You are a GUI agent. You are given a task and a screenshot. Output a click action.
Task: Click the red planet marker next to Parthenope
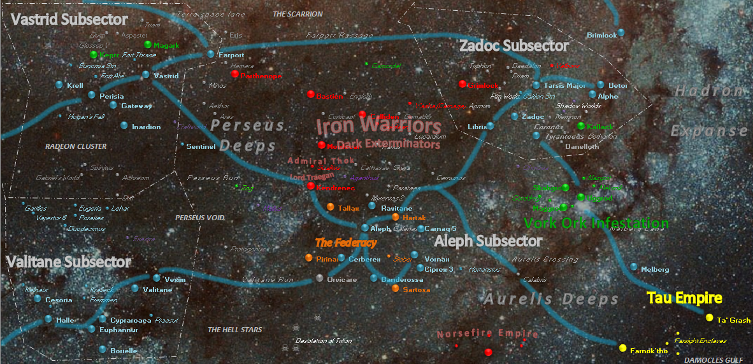point(235,74)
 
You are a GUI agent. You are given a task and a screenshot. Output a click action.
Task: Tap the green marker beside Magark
point(148,45)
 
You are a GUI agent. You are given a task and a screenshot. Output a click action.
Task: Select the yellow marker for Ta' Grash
point(709,318)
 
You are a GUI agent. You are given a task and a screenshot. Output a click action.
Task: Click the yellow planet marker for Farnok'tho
point(622,348)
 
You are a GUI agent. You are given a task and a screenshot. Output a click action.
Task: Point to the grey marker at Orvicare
point(319,279)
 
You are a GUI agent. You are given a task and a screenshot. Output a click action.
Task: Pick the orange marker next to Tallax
point(330,207)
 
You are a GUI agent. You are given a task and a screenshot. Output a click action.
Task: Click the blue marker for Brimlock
point(622,32)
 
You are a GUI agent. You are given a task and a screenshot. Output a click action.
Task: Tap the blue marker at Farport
point(211,54)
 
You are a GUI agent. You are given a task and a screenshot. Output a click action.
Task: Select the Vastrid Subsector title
point(69,20)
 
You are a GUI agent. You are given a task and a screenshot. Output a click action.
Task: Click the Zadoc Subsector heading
point(513,46)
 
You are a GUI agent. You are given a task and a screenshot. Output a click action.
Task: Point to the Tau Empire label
point(684,298)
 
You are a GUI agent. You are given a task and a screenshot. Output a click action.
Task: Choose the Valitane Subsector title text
point(69,262)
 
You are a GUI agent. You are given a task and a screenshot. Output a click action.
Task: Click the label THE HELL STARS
point(235,330)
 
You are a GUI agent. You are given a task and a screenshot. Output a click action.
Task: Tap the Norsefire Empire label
point(479,333)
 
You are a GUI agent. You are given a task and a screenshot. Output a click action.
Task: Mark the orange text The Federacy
point(346,242)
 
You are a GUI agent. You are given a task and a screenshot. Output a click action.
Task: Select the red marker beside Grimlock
point(463,84)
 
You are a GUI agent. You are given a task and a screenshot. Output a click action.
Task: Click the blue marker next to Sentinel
point(180,146)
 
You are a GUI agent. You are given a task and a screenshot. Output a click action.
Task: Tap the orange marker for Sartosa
point(396,289)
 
